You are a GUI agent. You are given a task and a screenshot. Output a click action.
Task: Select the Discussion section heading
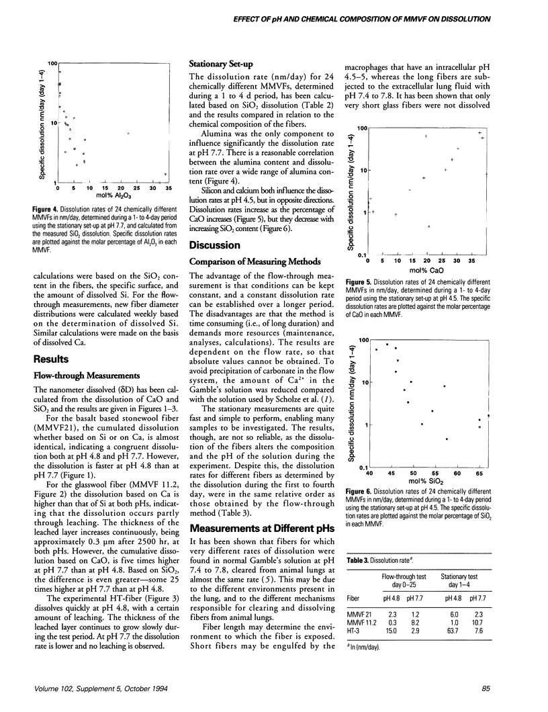point(215,244)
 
